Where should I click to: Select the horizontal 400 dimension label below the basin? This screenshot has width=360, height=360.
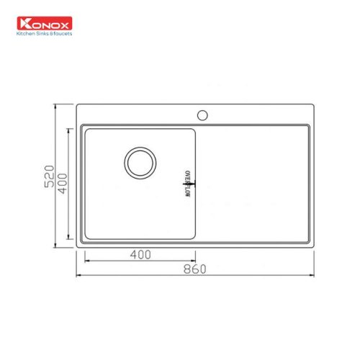[x=140, y=255]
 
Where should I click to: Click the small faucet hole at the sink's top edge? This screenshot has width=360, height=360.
[x=204, y=114]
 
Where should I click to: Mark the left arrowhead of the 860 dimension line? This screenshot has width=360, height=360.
[x=78, y=276]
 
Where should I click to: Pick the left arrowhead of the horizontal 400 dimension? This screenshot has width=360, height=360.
[x=86, y=261]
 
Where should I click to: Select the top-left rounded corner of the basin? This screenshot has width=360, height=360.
[x=86, y=130]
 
